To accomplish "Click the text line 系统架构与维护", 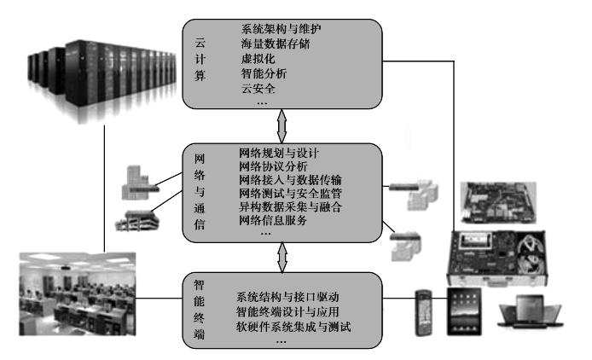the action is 281,29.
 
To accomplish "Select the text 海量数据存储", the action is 276,44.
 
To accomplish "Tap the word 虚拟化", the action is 258,59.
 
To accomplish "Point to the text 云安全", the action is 258,89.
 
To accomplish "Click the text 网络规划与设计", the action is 279,153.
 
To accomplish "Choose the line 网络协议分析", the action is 273,166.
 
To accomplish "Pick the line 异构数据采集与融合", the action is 290,206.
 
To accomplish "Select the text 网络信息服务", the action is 273,220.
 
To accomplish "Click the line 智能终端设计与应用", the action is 287,311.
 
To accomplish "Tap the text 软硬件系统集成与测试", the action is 293,327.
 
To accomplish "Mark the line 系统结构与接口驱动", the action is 287,297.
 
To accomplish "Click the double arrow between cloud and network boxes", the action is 281,126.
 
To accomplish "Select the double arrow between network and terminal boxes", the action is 282,258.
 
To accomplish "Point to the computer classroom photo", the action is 78,294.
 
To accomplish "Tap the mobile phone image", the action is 423,313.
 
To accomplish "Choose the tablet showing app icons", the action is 464,311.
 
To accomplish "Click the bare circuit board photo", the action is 498,202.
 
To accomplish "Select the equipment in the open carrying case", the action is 497,258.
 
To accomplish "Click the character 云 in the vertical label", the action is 200,43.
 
